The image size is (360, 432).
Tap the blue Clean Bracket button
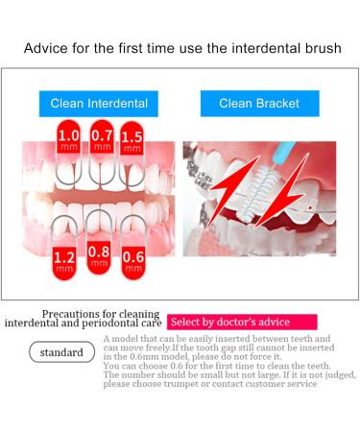tap(259, 104)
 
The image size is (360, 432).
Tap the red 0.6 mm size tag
tap(133, 258)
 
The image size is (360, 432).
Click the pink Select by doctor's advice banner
tap(228, 322)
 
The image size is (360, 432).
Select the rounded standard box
tap(61, 352)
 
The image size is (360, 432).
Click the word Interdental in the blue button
tap(116, 104)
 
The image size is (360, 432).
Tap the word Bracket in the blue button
tap(277, 104)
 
